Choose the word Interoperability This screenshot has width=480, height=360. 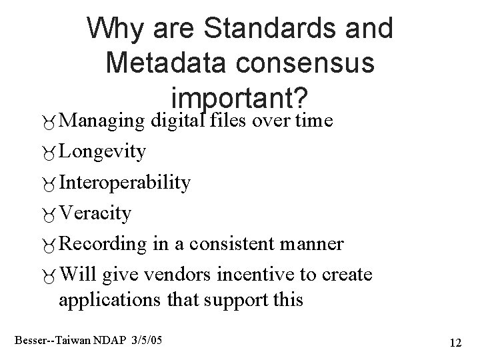(125, 182)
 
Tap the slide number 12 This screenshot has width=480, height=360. (456, 343)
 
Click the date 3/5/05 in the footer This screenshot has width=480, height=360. (147, 341)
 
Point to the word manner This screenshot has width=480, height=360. (317, 244)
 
